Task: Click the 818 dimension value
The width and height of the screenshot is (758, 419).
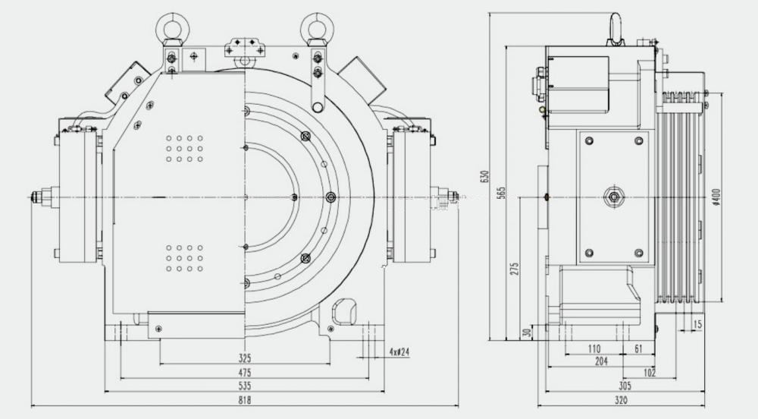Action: tap(245, 400)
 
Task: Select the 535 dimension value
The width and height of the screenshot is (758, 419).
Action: tap(245, 386)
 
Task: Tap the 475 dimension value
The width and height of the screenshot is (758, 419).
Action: tap(245, 373)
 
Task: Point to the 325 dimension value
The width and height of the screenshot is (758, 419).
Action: tap(245, 358)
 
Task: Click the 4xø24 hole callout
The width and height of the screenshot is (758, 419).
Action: tap(399, 352)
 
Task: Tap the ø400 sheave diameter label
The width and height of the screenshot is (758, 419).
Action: tap(716, 196)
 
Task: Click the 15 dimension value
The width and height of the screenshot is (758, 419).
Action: tap(698, 325)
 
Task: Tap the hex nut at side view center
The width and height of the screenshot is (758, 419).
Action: tap(612, 198)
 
